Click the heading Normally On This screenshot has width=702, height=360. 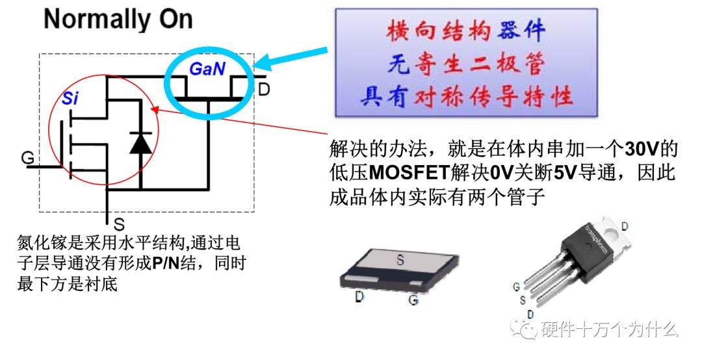pos(118,19)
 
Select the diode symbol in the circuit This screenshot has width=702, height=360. pos(140,142)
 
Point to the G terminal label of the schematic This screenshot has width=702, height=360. pos(27,157)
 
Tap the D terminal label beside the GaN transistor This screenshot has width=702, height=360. pos(263,88)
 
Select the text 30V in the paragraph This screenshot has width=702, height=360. pos(642,149)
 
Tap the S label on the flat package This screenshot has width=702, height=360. pos(400,259)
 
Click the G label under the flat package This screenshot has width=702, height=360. pos(412,300)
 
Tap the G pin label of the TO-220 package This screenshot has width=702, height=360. pos(515,285)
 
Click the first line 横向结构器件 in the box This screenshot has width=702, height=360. pos(465,31)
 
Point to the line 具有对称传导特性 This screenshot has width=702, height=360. pos(467,97)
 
